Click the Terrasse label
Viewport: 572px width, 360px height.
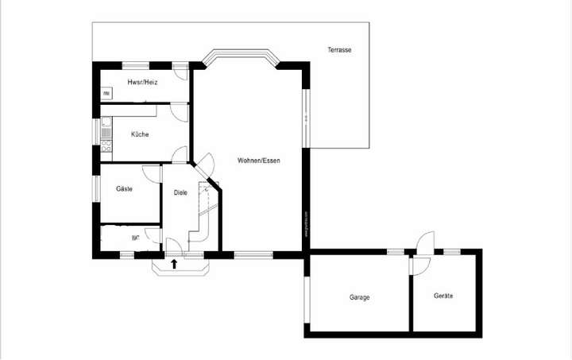pyautogui.click(x=339, y=50)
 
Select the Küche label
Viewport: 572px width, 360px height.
pyautogui.click(x=140, y=134)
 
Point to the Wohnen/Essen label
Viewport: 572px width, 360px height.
pyautogui.click(x=258, y=161)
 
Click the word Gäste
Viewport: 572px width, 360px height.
pyautogui.click(x=124, y=189)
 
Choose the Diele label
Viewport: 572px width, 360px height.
pyautogui.click(x=180, y=192)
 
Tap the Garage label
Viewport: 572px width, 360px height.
pyautogui.click(x=359, y=297)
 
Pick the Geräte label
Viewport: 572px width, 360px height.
pyautogui.click(x=443, y=296)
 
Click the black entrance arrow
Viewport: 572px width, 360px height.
pyautogui.click(x=174, y=262)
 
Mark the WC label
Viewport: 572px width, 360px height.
pyautogui.click(x=136, y=238)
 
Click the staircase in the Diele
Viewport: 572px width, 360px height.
pyautogui.click(x=207, y=211)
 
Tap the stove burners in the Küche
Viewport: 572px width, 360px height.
pyautogui.click(x=106, y=145)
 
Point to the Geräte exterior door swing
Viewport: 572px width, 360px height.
pyautogui.click(x=426, y=242)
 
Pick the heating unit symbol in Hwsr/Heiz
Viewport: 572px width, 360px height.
pyautogui.click(x=106, y=94)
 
